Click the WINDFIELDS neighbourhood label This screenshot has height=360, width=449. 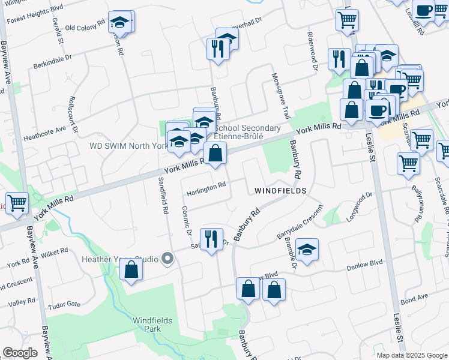point(280,191)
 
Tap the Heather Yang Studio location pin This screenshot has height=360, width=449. point(168,259)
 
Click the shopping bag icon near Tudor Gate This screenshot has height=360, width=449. point(131,271)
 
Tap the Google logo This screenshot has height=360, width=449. point(20,353)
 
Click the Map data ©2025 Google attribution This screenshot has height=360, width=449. point(411,355)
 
